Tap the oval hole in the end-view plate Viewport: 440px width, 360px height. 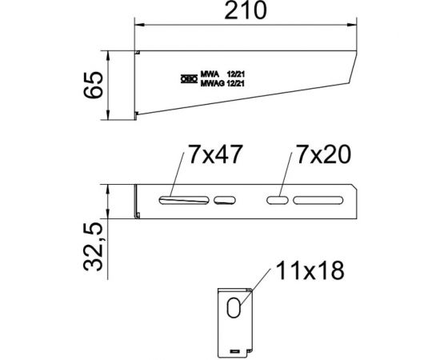pos(233,309)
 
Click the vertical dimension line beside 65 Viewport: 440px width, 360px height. pos(109,87)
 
